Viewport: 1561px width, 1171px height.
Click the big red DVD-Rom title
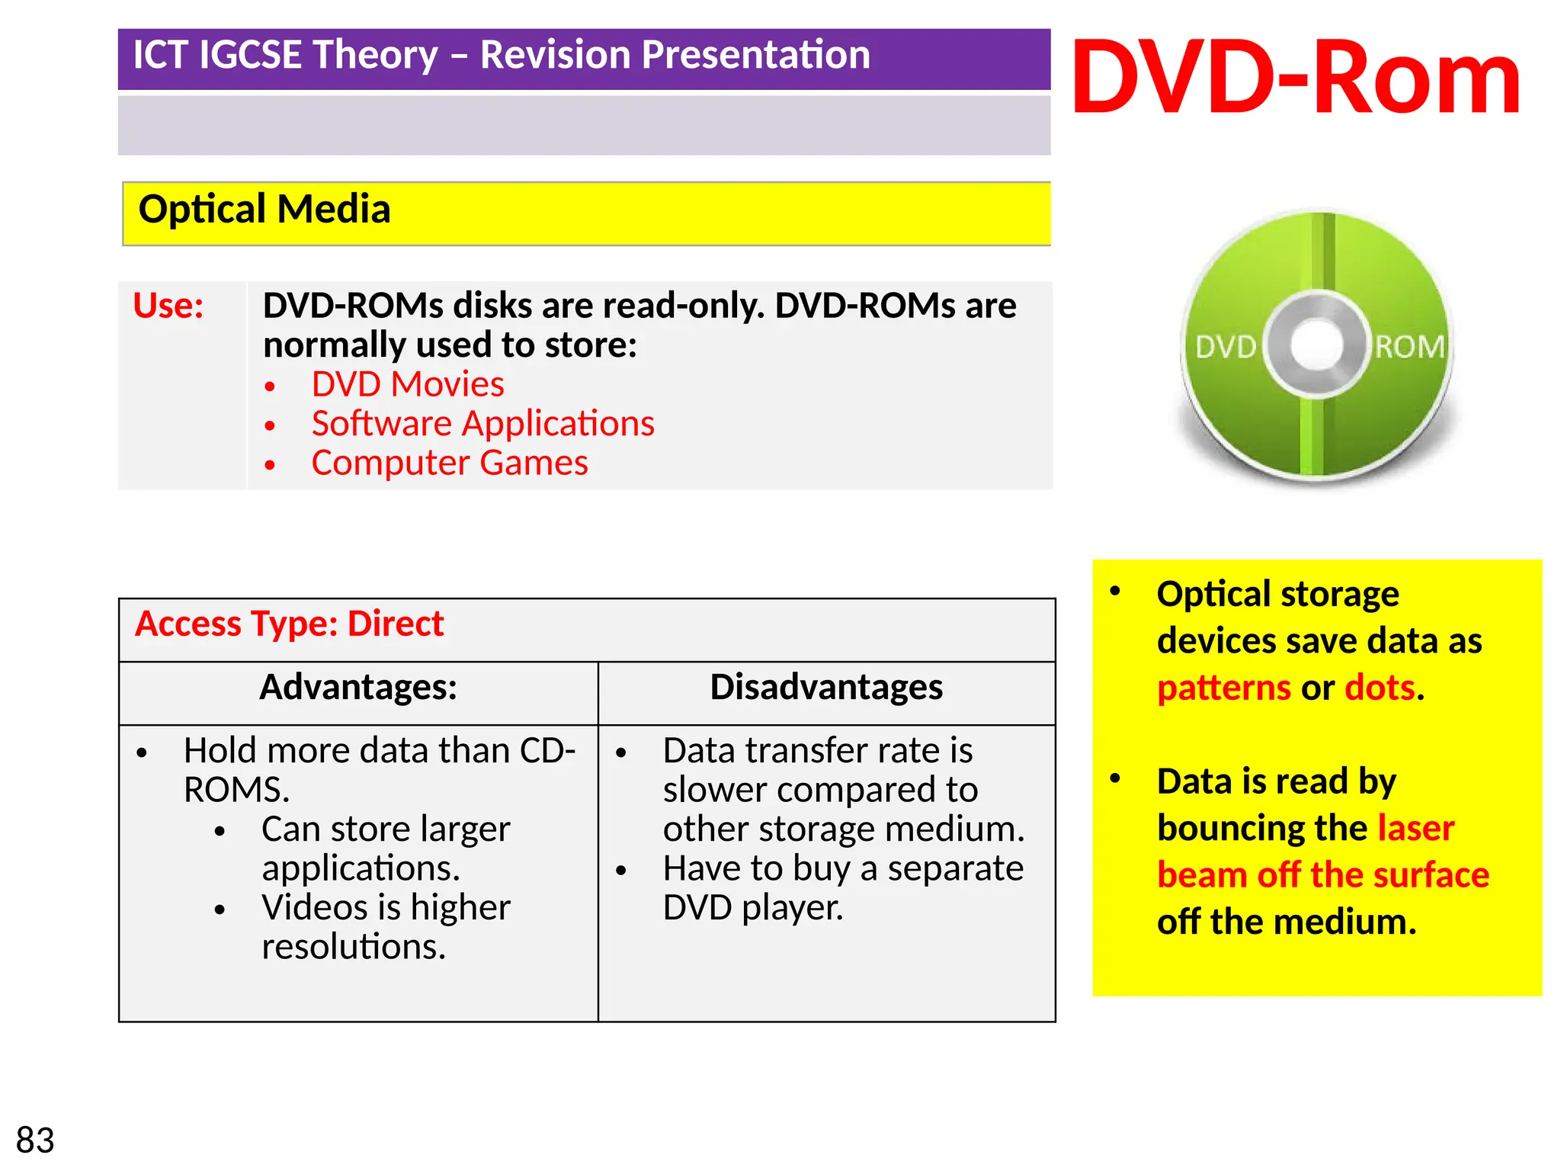coord(1296,79)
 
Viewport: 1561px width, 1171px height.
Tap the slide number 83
coord(35,1141)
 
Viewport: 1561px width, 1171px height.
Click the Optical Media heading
coord(264,209)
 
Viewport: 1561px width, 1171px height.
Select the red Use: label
coord(168,306)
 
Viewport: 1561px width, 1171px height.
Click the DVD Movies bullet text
coord(408,384)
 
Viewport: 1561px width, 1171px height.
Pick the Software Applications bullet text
coord(482,424)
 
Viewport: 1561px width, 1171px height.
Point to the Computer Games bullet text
coord(450,463)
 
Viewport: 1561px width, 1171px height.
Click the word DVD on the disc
coord(1225,348)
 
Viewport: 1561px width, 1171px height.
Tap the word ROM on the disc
coord(1409,348)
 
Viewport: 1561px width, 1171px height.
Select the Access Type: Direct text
coord(289,624)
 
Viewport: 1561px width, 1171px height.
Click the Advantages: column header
coord(358,687)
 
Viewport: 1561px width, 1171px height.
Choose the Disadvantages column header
coord(826,687)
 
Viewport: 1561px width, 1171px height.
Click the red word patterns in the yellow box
coord(1223,688)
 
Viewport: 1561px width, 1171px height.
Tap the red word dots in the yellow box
coord(1380,688)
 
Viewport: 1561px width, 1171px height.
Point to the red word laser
coord(1415,828)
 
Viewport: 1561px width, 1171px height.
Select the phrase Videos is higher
coord(386,907)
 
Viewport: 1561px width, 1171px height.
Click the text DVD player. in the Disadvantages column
coord(753,907)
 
